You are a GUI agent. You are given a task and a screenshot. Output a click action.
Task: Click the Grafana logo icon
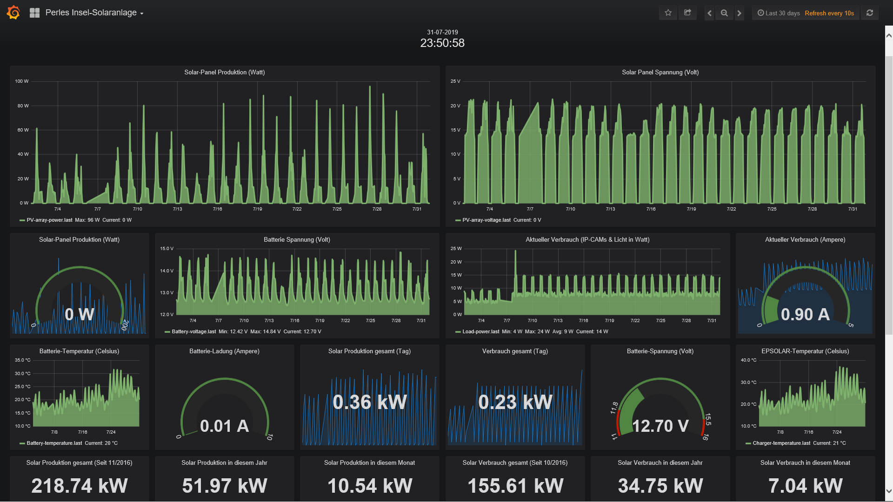tap(13, 13)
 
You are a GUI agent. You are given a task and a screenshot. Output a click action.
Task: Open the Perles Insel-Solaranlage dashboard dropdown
tap(94, 13)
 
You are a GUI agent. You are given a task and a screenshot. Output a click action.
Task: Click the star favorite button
tap(668, 13)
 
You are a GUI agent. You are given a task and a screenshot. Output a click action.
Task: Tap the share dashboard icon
tap(687, 13)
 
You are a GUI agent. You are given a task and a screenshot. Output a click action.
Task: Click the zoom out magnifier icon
tap(724, 13)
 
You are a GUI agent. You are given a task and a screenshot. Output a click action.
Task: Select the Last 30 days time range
tap(779, 13)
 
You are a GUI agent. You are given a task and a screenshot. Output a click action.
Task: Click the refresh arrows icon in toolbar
tap(870, 13)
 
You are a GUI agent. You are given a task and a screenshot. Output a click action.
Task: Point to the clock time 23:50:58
tap(442, 43)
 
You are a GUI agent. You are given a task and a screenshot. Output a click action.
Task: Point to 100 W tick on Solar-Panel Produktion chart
tap(22, 81)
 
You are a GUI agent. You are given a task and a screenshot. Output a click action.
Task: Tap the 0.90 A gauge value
tap(805, 315)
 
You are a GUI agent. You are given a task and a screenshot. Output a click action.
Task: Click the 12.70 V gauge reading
tap(660, 426)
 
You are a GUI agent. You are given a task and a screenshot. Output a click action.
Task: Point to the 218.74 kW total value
tap(80, 486)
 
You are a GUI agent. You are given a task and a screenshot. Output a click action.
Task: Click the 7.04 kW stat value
tap(805, 486)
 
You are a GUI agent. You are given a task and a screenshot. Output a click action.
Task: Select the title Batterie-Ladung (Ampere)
tap(224, 351)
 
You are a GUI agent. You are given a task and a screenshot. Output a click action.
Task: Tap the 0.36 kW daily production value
tap(370, 403)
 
